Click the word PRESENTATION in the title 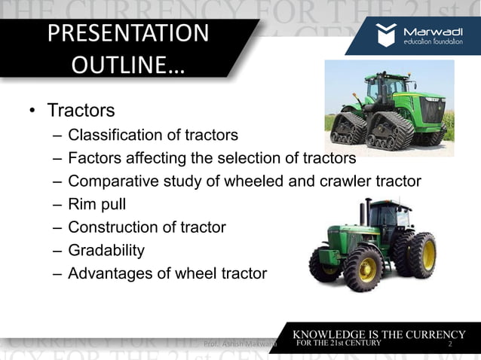(127, 34)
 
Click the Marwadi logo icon (387, 35)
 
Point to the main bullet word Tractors (81, 111)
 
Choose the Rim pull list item (99, 204)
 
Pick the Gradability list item (106, 250)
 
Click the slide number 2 (449, 344)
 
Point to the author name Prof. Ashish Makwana (240, 344)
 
